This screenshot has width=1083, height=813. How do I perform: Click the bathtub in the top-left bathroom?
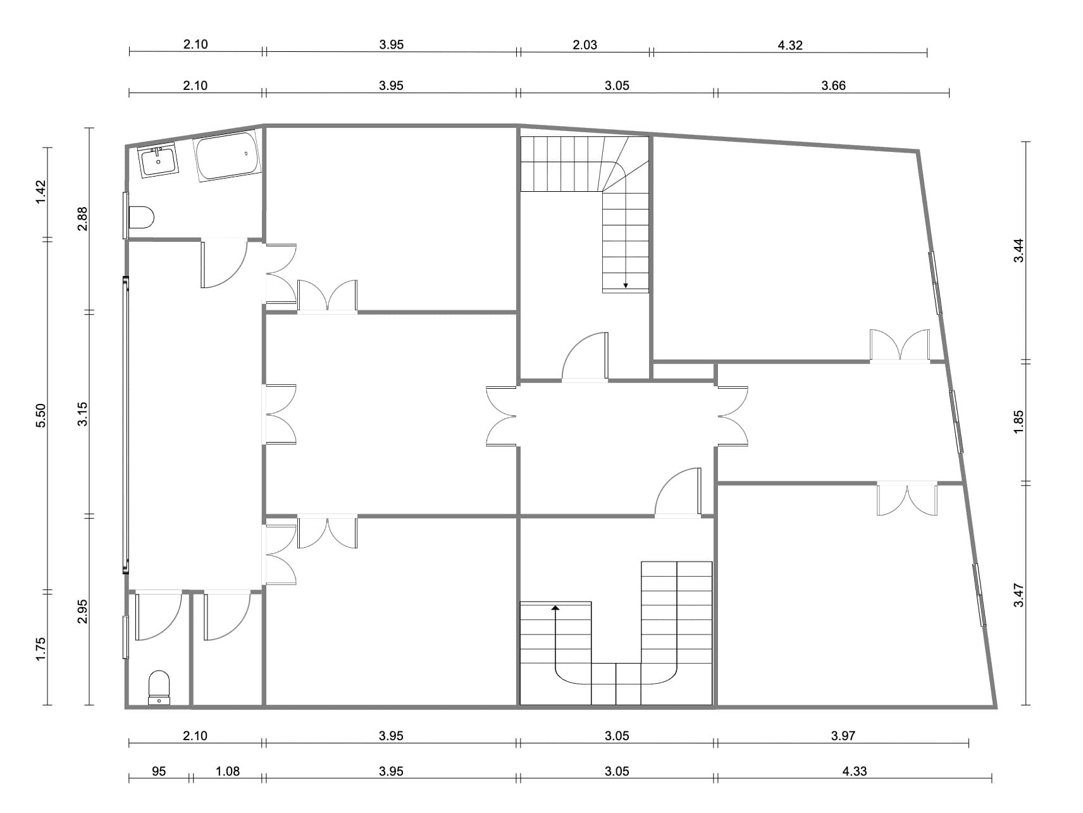coord(227,156)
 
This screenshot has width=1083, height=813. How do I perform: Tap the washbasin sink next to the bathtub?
coord(158,161)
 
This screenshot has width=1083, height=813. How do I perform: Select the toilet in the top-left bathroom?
coord(141,217)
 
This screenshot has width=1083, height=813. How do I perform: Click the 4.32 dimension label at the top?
coord(790,45)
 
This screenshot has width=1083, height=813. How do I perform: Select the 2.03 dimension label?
coord(585,45)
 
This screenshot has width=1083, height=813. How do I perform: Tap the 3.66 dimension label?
coord(833,86)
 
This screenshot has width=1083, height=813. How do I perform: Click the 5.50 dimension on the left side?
coord(41,415)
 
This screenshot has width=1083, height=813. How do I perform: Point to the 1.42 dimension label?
coord(41,192)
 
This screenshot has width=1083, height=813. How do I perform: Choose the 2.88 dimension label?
coord(82,219)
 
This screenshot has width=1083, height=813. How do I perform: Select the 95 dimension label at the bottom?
coord(159,771)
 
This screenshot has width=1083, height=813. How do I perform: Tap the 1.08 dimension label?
coord(227,771)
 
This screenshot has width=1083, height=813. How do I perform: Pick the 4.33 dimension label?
coord(855,771)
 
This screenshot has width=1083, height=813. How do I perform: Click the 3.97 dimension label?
coord(843,736)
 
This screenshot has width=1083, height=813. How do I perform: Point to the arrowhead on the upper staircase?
coord(626,285)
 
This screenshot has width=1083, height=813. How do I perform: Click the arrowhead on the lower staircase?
coord(555,607)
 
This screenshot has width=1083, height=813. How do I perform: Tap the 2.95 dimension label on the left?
coord(82,611)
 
